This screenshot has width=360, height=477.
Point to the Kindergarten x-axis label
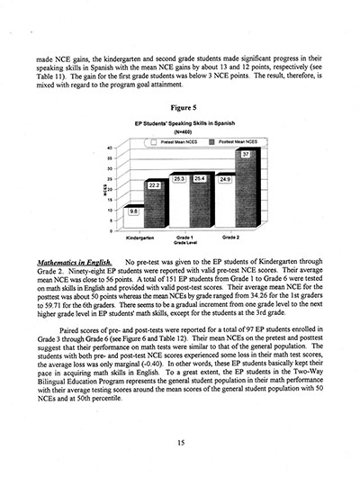(x=143, y=238)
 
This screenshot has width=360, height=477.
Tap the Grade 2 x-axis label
(x=233, y=238)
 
